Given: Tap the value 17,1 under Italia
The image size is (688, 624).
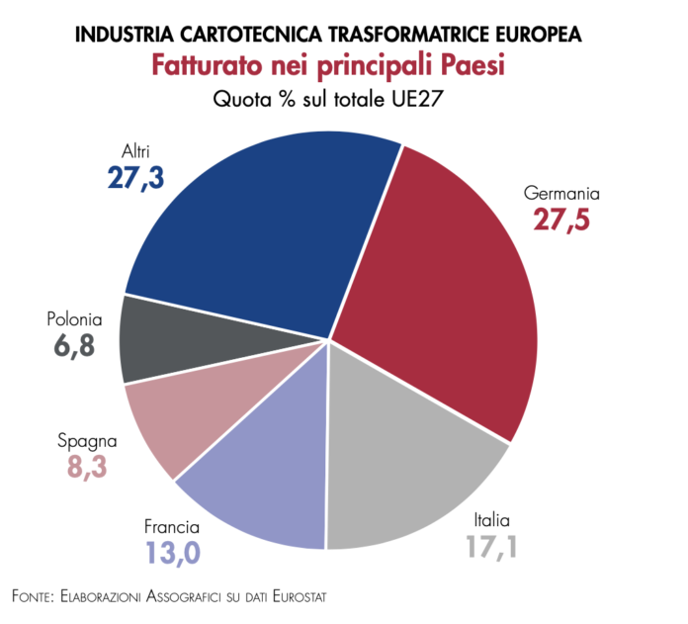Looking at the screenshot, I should click(494, 547).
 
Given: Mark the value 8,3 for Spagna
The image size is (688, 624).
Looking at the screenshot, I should click(88, 467).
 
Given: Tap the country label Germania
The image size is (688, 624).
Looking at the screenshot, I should click(562, 194).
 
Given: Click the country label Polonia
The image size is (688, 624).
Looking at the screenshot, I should click(74, 320).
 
